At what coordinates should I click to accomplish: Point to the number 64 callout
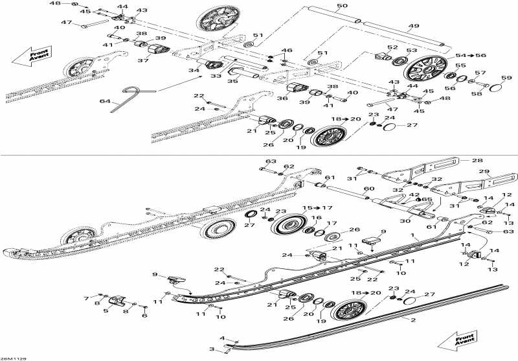(x=106, y=102)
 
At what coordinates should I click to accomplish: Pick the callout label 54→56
(x=470, y=56)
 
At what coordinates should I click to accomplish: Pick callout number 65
(x=428, y=200)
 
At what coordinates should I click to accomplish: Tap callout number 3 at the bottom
(x=210, y=349)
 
